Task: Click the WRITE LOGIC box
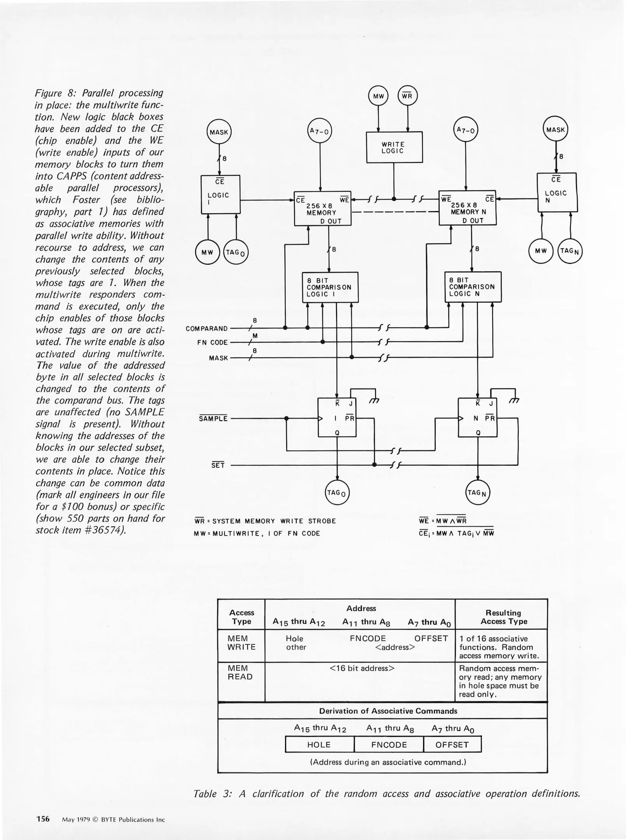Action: tap(394, 147)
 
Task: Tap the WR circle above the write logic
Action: tap(407, 96)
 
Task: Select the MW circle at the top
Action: tap(378, 96)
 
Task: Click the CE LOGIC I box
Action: tap(220, 194)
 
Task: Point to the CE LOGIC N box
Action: tap(557, 192)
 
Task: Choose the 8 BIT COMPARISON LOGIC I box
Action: tap(330, 287)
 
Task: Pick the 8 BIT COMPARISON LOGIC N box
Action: tap(472, 287)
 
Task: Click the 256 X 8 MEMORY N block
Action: tap(467, 208)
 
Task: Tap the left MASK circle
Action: tap(219, 132)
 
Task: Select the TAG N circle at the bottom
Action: tap(478, 493)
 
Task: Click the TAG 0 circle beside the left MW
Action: tap(236, 252)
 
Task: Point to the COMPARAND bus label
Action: tap(206, 329)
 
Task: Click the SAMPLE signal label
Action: tap(213, 418)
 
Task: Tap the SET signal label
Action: tap(218, 465)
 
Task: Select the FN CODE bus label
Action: tap(212, 343)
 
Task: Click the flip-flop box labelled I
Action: tap(337, 418)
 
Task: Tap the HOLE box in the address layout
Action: tap(319, 744)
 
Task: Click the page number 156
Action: tap(43, 819)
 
